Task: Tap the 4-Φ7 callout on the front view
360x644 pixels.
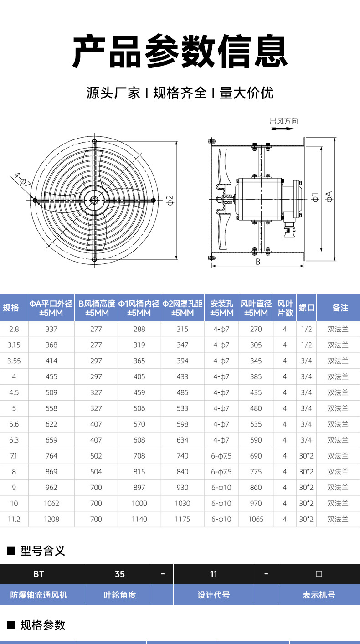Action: [x=22, y=180]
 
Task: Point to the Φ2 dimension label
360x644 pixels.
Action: [x=170, y=200]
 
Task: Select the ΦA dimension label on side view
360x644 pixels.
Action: [x=329, y=197]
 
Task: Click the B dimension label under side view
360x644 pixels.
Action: [x=257, y=262]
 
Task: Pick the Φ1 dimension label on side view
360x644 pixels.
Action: [x=315, y=197]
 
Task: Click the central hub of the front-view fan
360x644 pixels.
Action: [x=94, y=200]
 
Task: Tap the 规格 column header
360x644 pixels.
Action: [x=11, y=308]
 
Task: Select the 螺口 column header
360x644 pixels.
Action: [x=306, y=308]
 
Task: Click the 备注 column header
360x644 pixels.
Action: [x=340, y=308]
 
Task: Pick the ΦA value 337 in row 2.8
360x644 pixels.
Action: [x=51, y=329]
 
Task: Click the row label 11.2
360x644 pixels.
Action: [x=14, y=519]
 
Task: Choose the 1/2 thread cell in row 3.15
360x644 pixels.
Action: [x=306, y=345]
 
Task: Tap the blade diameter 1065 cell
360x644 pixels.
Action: [x=256, y=519]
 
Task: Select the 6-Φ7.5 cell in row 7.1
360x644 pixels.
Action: [x=221, y=456]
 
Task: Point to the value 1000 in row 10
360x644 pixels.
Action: [x=139, y=503]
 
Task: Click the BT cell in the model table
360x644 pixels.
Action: [x=39, y=574]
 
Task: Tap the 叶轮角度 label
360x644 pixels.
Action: [x=120, y=595]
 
